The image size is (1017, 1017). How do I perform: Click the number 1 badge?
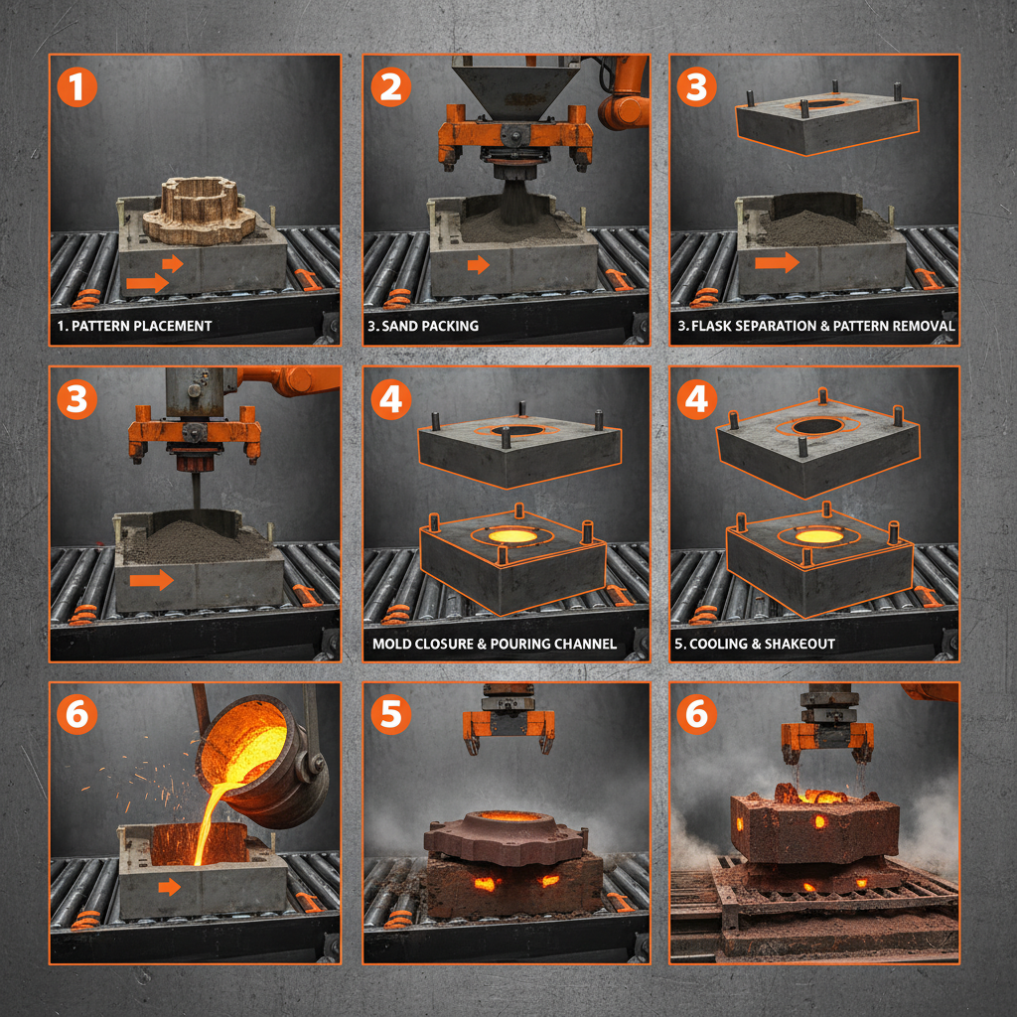76,86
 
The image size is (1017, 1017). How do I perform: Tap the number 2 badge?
390,86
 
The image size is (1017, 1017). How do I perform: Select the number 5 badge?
390,714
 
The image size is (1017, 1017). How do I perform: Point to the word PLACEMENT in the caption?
166,326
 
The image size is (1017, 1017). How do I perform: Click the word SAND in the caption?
403,326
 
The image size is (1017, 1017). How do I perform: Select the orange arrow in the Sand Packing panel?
479,265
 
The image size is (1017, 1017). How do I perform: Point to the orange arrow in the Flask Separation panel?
777,263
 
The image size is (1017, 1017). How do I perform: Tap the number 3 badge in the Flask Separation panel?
696,86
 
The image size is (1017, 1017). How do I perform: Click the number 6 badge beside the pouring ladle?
76,714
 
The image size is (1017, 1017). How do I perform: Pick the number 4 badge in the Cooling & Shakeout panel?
696,400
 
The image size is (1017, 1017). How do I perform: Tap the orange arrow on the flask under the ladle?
170,886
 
